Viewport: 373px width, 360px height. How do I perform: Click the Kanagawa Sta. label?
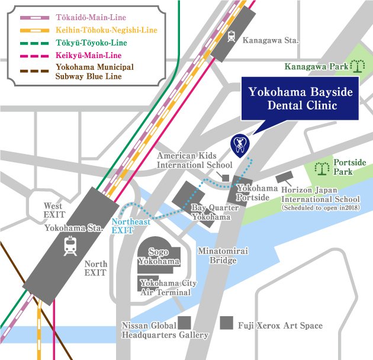point(271,41)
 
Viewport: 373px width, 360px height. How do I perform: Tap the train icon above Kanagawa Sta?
point(230,34)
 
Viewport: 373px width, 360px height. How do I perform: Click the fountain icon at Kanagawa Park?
point(359,66)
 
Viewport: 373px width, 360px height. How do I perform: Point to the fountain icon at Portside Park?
point(323,169)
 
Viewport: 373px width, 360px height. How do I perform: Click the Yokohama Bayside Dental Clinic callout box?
point(292,99)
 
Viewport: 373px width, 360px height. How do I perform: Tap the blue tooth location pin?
point(239,143)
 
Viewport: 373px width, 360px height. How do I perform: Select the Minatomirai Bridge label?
point(223,256)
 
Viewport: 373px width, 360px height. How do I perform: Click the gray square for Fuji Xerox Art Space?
point(226,323)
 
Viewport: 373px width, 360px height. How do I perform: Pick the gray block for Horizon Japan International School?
point(285,178)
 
